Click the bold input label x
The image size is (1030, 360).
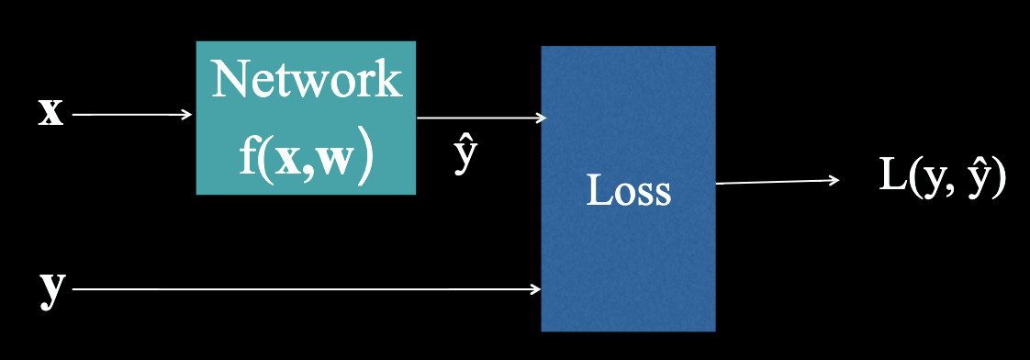coord(50,115)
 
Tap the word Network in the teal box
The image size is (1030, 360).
coord(306,81)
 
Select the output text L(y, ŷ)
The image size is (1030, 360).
coord(942,176)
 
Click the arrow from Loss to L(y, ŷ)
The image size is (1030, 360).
coord(777,182)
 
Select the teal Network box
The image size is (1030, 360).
coord(306,118)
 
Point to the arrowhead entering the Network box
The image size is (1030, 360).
coord(188,115)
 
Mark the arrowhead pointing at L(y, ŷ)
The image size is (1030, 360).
coord(834,180)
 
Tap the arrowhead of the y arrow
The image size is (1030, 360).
coord(536,290)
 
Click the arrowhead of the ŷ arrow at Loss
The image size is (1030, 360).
coord(543,118)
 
